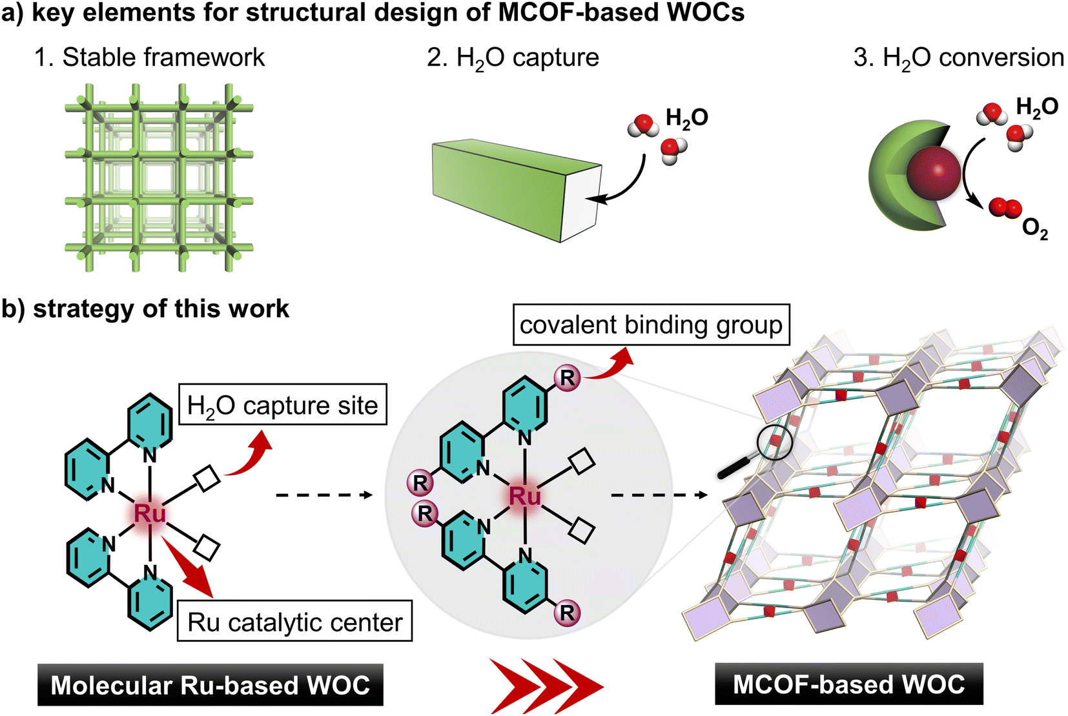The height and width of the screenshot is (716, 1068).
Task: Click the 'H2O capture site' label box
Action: tap(282, 405)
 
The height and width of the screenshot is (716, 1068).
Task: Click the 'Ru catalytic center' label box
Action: tap(294, 621)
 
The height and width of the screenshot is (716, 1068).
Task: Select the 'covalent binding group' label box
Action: tap(651, 324)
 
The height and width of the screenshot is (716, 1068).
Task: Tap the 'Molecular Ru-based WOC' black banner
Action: tap(211, 684)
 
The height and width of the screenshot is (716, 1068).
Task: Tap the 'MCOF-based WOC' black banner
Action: tap(848, 684)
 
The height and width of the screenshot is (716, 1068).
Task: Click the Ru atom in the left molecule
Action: tap(150, 513)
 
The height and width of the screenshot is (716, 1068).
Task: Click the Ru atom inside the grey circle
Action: tap(524, 496)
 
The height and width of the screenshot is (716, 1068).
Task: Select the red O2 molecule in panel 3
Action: tap(1005, 208)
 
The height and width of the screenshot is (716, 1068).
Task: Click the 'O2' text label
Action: tap(1034, 229)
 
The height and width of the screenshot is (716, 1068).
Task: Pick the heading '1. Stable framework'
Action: tap(149, 57)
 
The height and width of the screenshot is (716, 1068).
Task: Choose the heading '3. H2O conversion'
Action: tap(958, 58)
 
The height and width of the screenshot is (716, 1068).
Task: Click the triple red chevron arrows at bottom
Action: tap(546, 686)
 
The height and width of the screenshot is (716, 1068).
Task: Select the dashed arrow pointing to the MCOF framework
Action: tap(659, 495)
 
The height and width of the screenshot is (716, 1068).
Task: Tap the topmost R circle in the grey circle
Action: tap(567, 378)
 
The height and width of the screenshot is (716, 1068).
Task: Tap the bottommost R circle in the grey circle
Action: tap(567, 612)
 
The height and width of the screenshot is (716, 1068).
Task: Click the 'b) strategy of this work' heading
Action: tap(145, 309)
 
